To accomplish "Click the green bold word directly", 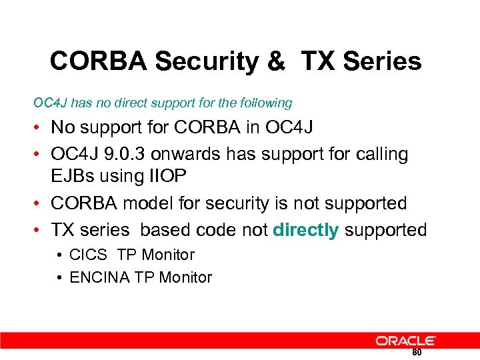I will (306, 230).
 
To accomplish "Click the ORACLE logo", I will (405, 341).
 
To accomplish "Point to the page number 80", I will (417, 352).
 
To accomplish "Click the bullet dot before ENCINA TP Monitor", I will (60, 277).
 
